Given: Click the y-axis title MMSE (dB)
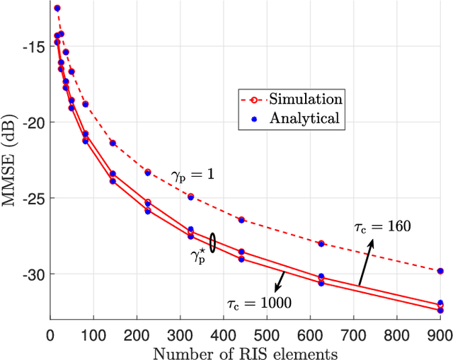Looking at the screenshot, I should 11,161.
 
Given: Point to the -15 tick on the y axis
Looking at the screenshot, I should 34,47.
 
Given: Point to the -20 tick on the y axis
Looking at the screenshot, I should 34,122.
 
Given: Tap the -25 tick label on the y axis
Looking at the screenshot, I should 34,198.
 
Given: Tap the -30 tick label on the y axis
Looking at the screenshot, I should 34,274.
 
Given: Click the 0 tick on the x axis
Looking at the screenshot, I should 50,333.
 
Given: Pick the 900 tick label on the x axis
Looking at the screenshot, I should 440,333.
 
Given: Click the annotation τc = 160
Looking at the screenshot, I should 382,227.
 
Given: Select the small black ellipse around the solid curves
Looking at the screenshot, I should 212,240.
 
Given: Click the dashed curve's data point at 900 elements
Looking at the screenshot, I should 440,271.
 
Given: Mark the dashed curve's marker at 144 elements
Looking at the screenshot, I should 113,143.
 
